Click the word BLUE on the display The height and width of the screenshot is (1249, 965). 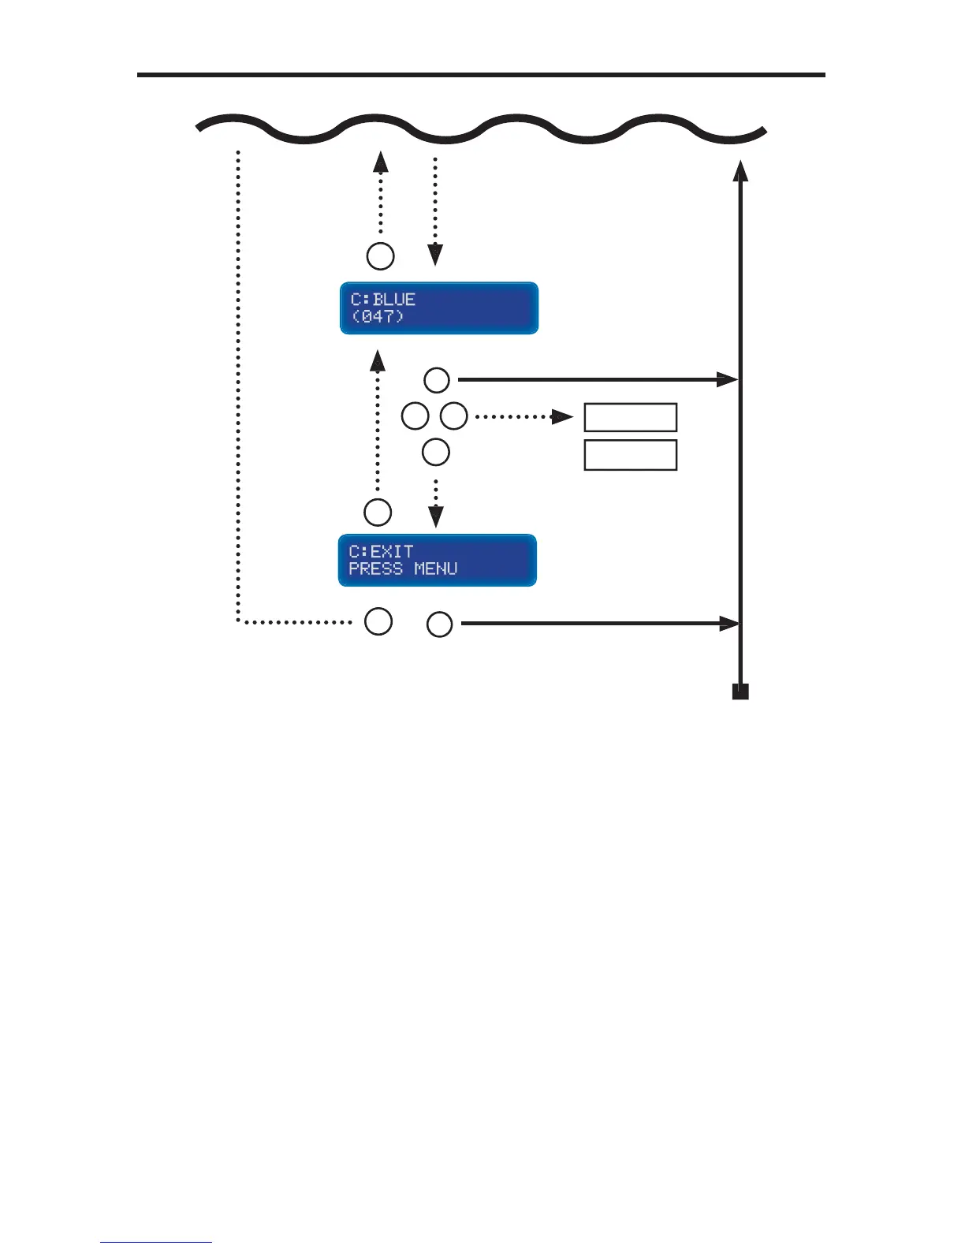[x=394, y=300]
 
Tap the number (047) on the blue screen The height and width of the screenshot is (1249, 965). [x=378, y=317]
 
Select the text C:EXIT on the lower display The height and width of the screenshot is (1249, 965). [x=381, y=551]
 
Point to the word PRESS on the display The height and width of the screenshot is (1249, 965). [x=375, y=569]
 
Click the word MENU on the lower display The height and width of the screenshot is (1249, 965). [x=436, y=569]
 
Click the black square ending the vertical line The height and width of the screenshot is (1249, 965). [x=740, y=692]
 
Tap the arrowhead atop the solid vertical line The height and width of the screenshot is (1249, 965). [x=740, y=170]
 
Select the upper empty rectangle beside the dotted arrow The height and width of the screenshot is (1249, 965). [x=630, y=417]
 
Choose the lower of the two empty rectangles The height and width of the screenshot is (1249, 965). [x=630, y=455]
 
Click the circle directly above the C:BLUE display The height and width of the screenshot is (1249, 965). [x=381, y=256]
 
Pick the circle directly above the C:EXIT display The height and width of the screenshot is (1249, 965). [x=378, y=513]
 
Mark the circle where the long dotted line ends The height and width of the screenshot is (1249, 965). [x=378, y=621]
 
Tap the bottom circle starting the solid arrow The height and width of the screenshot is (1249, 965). [x=440, y=625]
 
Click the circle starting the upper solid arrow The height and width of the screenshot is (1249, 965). [x=437, y=380]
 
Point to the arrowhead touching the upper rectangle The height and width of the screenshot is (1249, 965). [x=564, y=416]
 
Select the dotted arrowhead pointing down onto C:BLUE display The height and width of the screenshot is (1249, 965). [x=435, y=255]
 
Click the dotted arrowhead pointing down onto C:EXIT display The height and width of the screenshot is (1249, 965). [x=435, y=517]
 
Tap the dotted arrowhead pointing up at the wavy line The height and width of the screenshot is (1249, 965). [x=381, y=162]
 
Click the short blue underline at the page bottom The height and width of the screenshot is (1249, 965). [x=156, y=1243]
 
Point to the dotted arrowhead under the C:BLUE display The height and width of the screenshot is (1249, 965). [x=378, y=361]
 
